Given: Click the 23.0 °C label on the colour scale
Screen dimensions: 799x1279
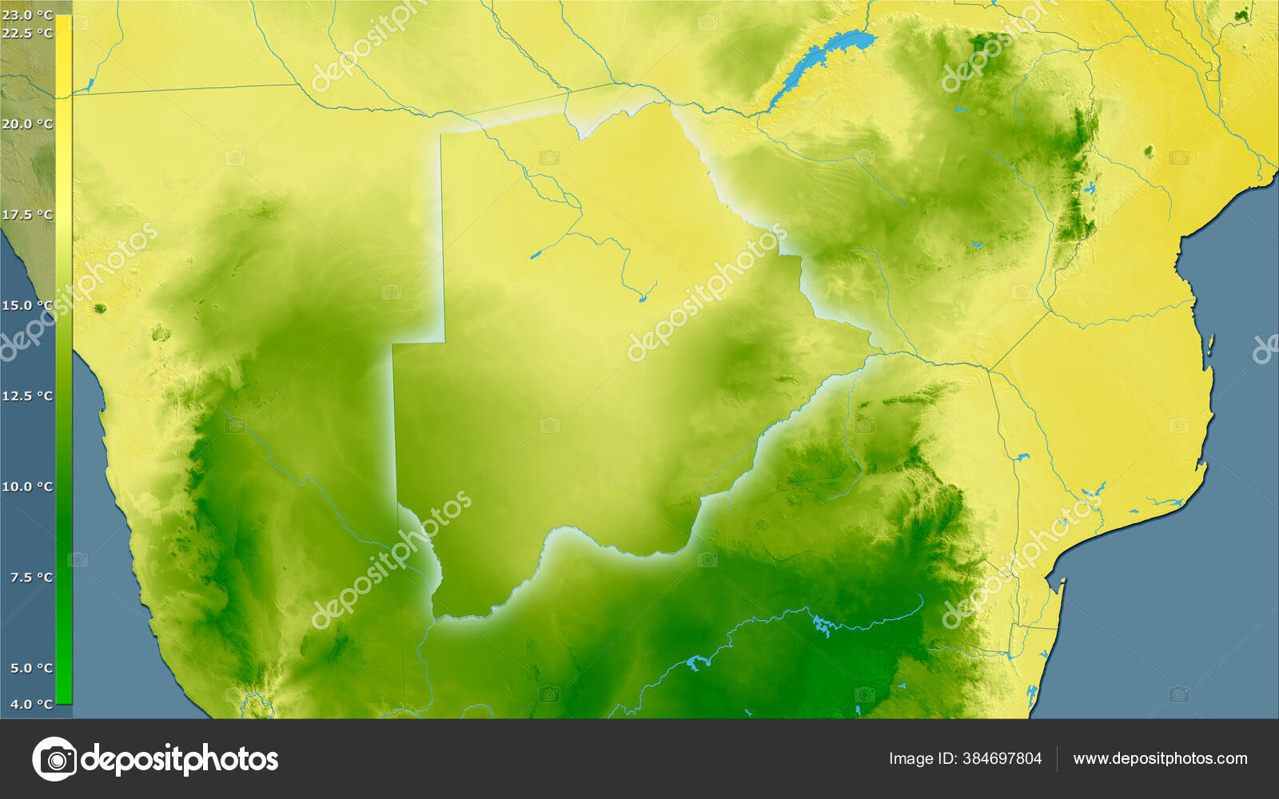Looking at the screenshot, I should tap(27, 15).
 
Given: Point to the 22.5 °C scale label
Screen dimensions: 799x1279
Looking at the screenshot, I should tap(27, 34).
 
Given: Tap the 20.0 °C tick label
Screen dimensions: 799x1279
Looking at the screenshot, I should tap(27, 124).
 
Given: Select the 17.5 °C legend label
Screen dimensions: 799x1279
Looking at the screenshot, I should tap(27, 215).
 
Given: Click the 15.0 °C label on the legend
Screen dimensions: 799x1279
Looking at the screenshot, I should tap(27, 305).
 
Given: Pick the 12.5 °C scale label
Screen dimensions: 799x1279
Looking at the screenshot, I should tap(27, 396).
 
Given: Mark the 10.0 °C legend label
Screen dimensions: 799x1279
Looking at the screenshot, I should tap(27, 487).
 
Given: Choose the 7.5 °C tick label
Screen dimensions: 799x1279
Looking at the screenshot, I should tap(30, 577).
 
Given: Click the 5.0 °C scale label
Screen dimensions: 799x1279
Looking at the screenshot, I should tap(30, 668).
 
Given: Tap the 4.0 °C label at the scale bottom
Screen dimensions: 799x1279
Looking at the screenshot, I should tap(30, 704).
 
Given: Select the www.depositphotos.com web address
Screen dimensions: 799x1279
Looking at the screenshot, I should tap(1160, 759).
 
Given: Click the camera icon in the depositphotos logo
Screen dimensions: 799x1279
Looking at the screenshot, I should tap(54, 759).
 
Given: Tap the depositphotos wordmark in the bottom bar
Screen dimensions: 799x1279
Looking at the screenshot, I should tap(181, 759).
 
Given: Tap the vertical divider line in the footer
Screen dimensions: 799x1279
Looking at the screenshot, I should tap(1057, 759).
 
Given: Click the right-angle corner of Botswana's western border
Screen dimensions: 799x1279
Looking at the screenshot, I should tap(443, 343).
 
